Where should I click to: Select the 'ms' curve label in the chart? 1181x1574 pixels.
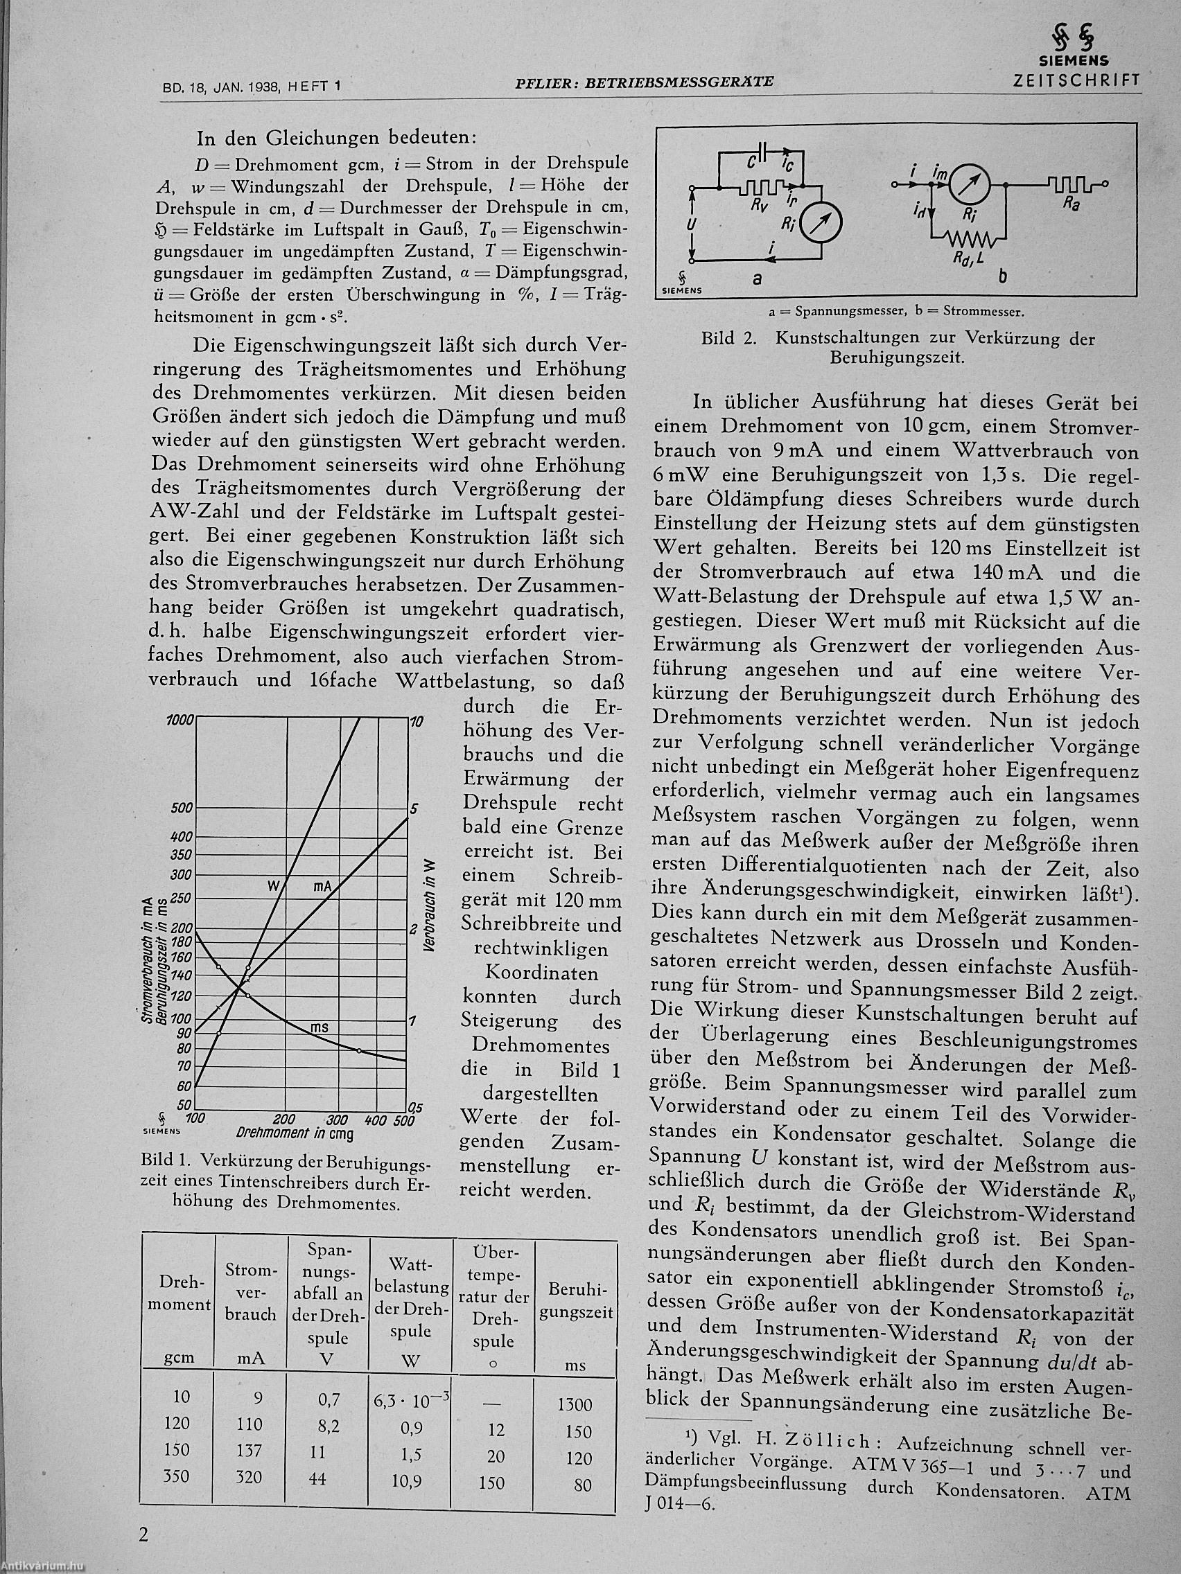(x=320, y=1027)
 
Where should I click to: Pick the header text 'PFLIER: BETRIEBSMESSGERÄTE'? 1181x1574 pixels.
(x=644, y=83)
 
